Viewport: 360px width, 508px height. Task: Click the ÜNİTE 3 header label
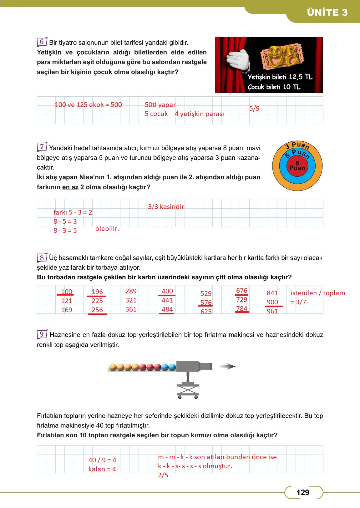point(327,13)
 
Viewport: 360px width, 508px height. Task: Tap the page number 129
point(302,493)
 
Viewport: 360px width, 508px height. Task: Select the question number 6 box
point(42,42)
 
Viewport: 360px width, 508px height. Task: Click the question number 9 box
point(42,334)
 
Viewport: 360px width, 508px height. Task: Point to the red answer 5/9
point(254,109)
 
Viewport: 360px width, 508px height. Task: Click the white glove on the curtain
point(238,60)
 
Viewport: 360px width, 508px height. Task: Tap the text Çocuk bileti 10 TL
point(274,87)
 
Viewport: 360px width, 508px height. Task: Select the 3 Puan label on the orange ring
point(297,146)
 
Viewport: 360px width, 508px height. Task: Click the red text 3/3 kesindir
point(166,207)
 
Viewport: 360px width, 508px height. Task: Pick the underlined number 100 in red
point(66,292)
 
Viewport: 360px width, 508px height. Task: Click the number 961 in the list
point(272,312)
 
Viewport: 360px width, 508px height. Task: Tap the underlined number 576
point(206,303)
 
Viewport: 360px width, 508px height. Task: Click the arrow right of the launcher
point(227,367)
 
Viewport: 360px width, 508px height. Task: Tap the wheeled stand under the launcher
point(188,389)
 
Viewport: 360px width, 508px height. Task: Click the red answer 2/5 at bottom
point(163,475)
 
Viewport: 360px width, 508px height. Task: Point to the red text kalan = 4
point(102,469)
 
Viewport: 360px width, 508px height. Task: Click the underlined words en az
point(70,187)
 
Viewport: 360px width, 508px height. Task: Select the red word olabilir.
point(107,229)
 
